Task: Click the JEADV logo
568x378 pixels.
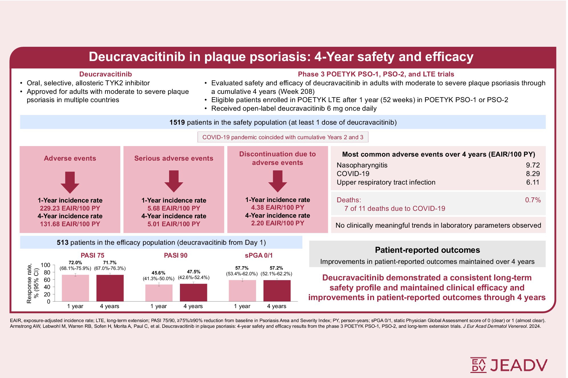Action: [x=509, y=365]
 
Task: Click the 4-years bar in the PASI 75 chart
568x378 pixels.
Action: [x=110, y=288]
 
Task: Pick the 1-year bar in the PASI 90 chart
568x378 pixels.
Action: [x=159, y=293]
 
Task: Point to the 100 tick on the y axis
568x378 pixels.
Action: [x=45, y=265]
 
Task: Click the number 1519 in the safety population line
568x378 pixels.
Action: [x=177, y=122]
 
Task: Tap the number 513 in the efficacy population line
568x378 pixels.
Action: [x=62, y=242]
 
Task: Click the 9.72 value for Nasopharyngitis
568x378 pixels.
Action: [x=533, y=165]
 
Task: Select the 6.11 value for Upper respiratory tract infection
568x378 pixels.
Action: [x=533, y=182]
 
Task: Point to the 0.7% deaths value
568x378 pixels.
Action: [x=533, y=200]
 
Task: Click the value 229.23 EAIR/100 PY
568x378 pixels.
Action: [x=70, y=208]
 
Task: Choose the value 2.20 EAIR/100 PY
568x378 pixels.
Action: [x=277, y=223]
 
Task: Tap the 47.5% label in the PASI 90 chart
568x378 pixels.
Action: [x=194, y=272]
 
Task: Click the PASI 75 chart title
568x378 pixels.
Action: [x=92, y=255]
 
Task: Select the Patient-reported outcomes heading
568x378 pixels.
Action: [x=427, y=250]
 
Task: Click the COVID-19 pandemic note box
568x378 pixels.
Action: [x=283, y=137]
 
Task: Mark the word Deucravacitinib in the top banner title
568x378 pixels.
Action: [x=137, y=57]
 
